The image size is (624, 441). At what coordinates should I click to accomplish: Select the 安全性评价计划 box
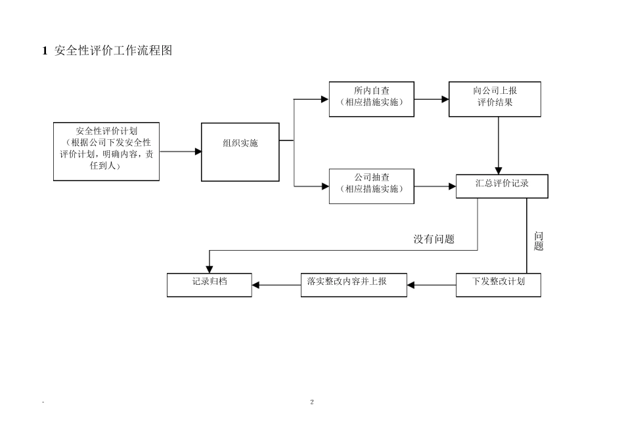(x=106, y=151)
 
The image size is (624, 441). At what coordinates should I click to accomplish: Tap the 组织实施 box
(x=240, y=152)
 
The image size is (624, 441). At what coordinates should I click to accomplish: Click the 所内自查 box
(x=371, y=99)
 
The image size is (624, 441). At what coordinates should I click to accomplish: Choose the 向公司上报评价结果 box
(x=495, y=99)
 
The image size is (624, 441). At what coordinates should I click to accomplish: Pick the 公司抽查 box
(x=371, y=186)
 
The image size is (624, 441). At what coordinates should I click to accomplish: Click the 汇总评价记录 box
(x=502, y=186)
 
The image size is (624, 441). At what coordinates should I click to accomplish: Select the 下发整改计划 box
(x=498, y=285)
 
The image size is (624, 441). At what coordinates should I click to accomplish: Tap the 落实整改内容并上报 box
(x=353, y=285)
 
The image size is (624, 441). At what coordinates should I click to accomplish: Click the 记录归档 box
(x=209, y=285)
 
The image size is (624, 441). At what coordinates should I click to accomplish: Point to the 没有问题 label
(x=434, y=240)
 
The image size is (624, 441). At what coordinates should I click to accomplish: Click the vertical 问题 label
(x=539, y=241)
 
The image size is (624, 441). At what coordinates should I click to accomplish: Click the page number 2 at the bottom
(x=312, y=402)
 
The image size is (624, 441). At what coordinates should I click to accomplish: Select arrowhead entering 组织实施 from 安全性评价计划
(x=198, y=152)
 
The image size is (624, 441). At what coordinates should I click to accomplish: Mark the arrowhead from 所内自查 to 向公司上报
(x=445, y=99)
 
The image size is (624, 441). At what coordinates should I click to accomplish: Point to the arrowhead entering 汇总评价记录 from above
(x=499, y=171)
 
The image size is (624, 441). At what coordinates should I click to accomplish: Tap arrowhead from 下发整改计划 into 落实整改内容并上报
(x=411, y=285)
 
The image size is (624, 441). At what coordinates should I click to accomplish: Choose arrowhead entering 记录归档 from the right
(x=256, y=285)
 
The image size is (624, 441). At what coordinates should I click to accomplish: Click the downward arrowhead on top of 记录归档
(x=209, y=269)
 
